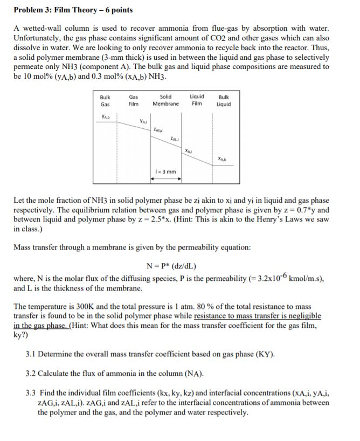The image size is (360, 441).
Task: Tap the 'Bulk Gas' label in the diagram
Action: click(106, 101)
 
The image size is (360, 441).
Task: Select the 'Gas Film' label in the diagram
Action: click(133, 101)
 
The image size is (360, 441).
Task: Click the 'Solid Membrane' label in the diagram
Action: click(166, 101)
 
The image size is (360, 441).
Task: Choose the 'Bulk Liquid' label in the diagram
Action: click(224, 101)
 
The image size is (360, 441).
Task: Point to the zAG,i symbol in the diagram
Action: click(158, 129)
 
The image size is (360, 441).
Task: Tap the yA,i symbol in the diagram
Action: click(143, 121)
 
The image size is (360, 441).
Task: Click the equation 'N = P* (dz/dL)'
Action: click(171, 266)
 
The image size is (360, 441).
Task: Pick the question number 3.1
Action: click(31, 355)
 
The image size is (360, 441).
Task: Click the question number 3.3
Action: click(31, 394)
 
